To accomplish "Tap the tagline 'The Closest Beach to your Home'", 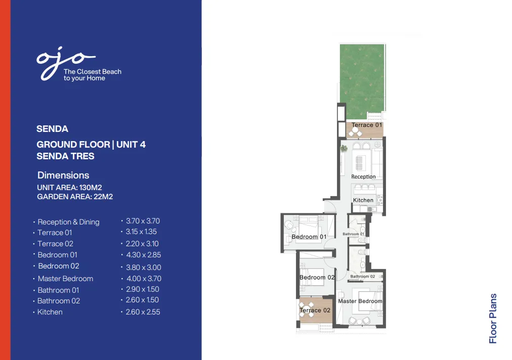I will coord(92,75).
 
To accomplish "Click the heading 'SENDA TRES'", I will coord(65,156).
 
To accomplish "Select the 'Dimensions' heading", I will coord(63,175).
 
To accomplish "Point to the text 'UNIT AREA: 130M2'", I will coord(69,188).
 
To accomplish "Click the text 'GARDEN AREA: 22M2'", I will coord(75,197).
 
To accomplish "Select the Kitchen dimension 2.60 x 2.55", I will coord(143,312).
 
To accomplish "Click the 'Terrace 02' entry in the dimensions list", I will coord(55,244).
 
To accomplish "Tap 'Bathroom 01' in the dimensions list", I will coord(58,290).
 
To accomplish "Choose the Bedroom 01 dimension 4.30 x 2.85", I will coord(143,255).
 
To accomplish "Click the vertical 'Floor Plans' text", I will coord(493,319).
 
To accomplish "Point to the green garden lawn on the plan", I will coord(362,78).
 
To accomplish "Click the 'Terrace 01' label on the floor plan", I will coord(367,125).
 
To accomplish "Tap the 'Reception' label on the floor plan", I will coord(363,177).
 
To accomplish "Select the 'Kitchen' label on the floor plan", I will coord(363,200).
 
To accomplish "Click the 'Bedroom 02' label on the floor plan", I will coord(317,278).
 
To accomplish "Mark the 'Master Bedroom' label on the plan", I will coord(360,301).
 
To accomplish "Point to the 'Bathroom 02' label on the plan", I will coord(362,277).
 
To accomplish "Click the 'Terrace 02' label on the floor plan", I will coord(315,310).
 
